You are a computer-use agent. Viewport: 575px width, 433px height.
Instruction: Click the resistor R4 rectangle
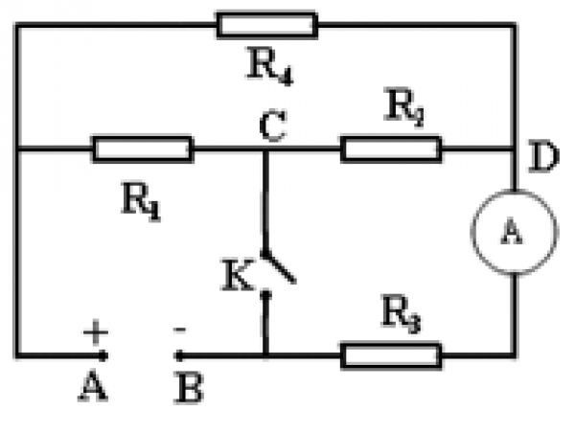(266, 24)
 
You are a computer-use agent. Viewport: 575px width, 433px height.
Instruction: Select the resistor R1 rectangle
(142, 148)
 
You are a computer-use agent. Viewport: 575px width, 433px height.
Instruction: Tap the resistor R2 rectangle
(391, 148)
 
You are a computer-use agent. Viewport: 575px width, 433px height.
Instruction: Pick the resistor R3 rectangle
(391, 355)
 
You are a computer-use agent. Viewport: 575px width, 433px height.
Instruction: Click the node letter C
(272, 127)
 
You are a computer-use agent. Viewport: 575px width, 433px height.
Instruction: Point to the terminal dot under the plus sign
(103, 355)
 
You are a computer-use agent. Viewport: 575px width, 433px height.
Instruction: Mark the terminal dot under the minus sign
(177, 355)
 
